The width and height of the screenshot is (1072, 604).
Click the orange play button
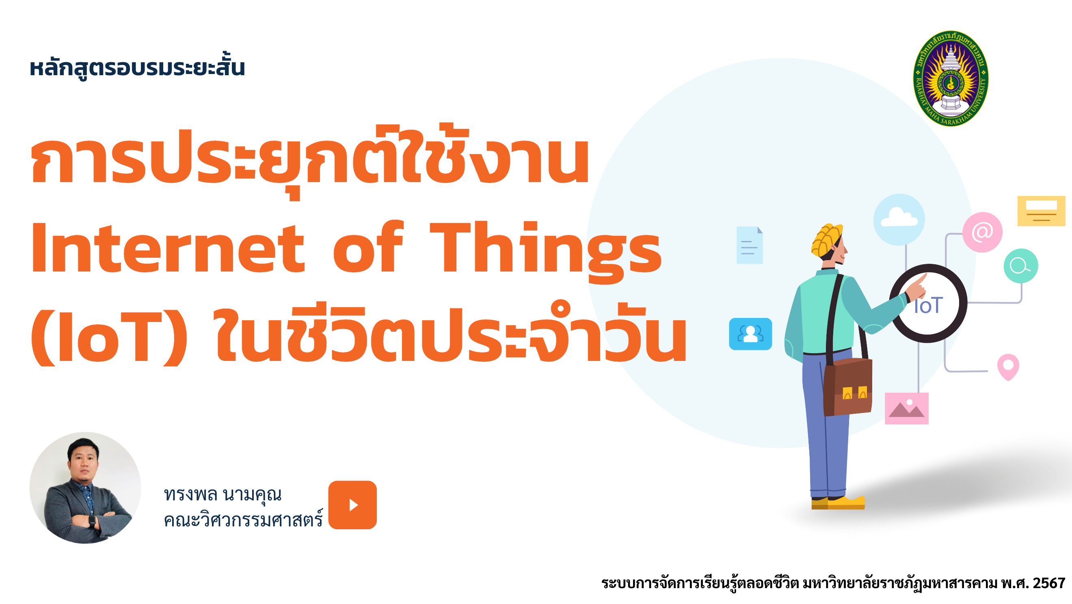coord(352,505)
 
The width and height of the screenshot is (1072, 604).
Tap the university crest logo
coord(951,78)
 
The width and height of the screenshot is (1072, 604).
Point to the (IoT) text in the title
coord(110,337)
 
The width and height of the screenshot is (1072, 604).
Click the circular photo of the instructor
coord(85,487)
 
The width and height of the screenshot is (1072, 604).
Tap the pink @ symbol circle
coord(982,232)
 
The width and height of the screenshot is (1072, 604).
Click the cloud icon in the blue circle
coord(899,219)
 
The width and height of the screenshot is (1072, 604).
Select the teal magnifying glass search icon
coord(1021,266)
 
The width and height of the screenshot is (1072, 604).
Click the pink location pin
coord(1008,367)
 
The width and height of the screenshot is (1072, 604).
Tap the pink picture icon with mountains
coord(906,408)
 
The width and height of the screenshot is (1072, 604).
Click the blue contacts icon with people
coord(750,334)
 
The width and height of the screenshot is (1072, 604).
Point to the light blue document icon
coord(750,245)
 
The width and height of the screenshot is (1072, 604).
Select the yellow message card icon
coord(1041,211)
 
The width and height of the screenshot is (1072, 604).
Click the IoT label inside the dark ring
coord(928,306)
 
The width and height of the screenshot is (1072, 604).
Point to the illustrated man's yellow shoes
coord(838,503)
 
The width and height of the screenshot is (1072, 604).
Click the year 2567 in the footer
coord(1049,583)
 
